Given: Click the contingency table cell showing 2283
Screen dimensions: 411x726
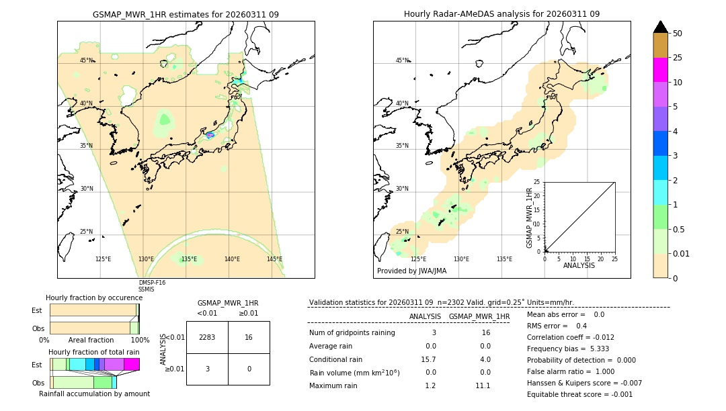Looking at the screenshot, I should (207, 337).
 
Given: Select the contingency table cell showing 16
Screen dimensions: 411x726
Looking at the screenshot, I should (249, 337).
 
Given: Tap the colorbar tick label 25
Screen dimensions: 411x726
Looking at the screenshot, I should (678, 58).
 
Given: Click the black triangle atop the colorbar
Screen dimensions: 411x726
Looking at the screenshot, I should (661, 27).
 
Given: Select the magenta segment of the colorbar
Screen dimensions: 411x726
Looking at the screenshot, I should (661, 70).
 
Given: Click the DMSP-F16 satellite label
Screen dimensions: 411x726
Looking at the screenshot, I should (152, 283).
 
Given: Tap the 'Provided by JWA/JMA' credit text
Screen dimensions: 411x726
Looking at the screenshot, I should (411, 271).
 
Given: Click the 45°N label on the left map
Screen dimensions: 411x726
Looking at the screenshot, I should (87, 60).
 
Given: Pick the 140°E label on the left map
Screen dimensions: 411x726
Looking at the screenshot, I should (232, 259).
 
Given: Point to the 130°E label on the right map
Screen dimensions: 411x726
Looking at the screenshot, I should (461, 259).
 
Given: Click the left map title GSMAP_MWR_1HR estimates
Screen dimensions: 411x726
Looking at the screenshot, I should (186, 14).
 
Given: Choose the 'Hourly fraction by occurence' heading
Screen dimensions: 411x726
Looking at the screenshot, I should (94, 298).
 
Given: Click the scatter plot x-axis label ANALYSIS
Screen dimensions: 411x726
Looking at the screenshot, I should (579, 265).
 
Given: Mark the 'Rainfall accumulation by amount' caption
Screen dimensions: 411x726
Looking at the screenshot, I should (94, 394).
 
